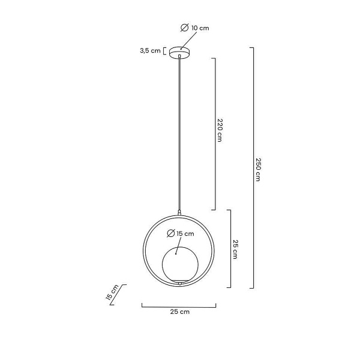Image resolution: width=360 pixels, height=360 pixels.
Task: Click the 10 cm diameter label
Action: point(200,28)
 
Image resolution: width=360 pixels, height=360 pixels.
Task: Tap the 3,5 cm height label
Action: point(150,50)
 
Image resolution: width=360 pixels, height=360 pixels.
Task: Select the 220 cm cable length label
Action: point(220,130)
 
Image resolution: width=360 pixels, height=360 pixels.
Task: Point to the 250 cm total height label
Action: point(258,170)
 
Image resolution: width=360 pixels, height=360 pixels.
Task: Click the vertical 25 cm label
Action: point(235,250)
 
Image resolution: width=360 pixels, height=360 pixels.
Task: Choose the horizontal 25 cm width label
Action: point(180,311)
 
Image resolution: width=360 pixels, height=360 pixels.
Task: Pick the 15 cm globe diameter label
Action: point(185,234)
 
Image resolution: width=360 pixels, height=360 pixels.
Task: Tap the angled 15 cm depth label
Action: point(112,292)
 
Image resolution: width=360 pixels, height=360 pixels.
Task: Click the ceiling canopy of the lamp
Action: point(179,52)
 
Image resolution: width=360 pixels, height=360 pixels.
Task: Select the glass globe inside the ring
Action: point(180,265)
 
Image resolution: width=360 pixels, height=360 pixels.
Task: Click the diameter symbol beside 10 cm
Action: point(185,28)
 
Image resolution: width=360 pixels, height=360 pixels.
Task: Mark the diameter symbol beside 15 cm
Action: point(171,233)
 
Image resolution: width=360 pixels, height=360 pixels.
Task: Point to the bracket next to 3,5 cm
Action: point(164,51)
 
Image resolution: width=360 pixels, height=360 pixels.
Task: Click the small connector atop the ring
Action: point(179,212)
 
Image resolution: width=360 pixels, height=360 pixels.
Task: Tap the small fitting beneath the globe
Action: point(180,284)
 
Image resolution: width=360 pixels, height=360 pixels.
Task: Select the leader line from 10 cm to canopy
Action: point(189,41)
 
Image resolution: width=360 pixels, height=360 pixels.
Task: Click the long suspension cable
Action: point(179,134)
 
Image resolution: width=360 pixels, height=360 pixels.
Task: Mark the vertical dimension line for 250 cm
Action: point(252,168)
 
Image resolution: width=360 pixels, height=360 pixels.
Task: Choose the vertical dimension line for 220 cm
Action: point(214,134)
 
